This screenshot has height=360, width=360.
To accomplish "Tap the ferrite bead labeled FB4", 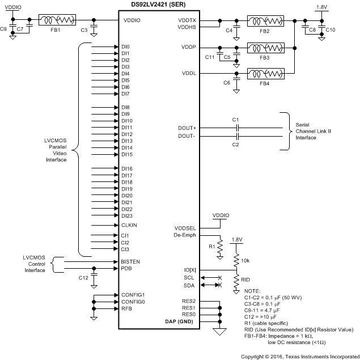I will click(265, 74).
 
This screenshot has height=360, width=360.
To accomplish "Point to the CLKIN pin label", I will click(129, 225).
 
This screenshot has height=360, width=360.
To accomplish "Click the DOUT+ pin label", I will click(188, 128).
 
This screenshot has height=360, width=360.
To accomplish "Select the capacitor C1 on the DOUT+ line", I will click(237, 128).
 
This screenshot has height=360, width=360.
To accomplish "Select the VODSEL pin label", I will click(185, 228).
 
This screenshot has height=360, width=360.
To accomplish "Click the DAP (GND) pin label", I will click(183, 321).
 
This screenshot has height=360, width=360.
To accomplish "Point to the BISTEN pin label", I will click(131, 261).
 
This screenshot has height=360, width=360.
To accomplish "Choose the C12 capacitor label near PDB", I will click(83, 278).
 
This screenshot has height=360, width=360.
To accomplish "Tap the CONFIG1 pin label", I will click(133, 295).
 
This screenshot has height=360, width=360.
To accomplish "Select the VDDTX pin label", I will click(187, 20).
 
